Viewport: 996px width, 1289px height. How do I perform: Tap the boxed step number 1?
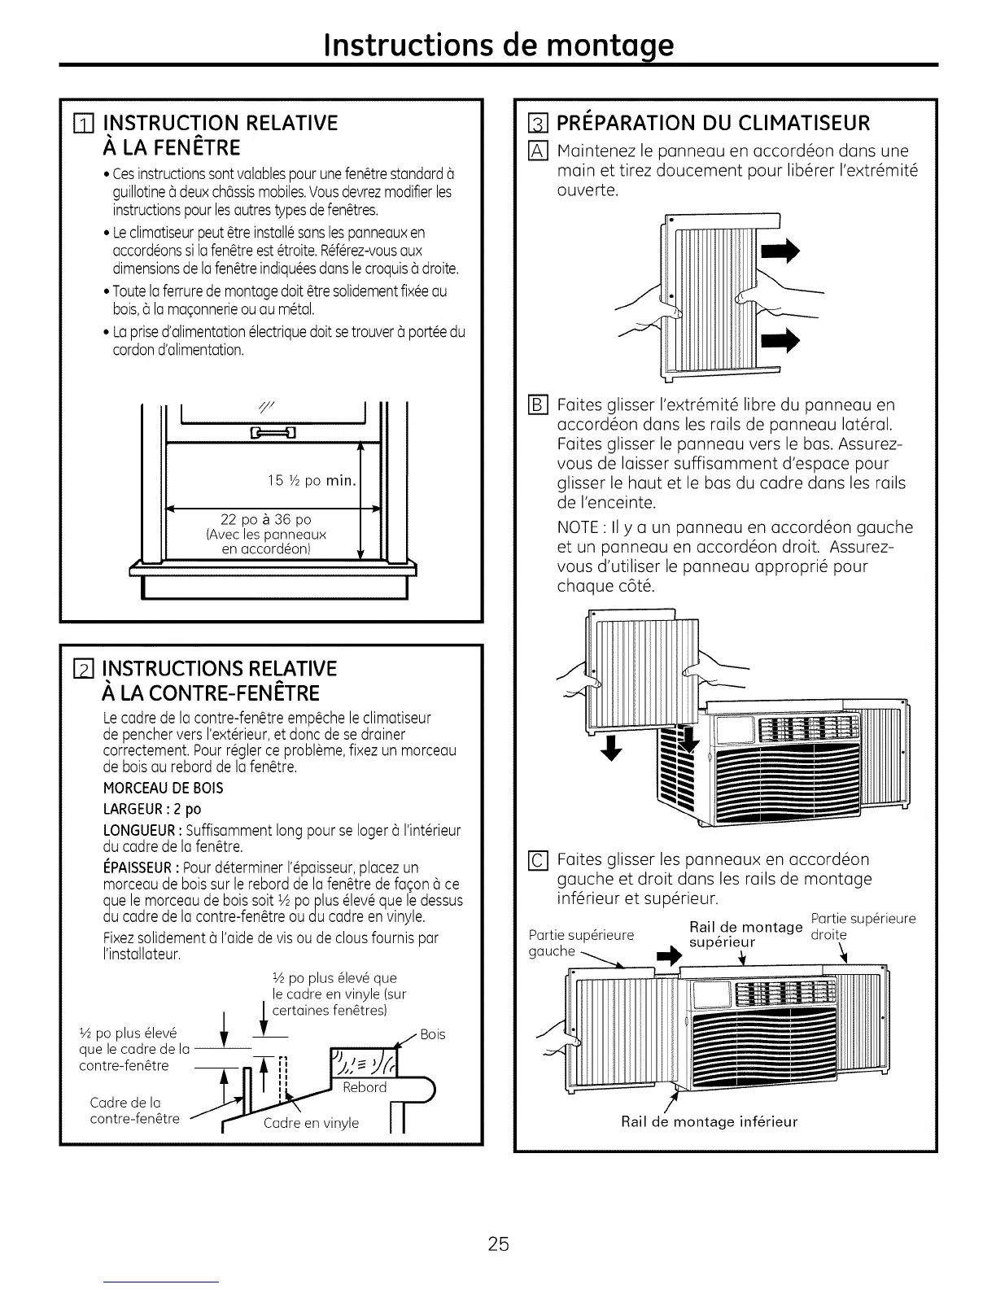click(x=80, y=125)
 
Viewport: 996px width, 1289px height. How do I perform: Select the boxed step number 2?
click(x=80, y=671)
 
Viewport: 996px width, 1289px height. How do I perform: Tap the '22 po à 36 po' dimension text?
click(x=266, y=519)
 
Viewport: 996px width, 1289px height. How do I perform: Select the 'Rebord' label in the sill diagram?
click(x=364, y=1087)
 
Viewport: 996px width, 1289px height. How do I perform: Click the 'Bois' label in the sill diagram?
click(x=433, y=1034)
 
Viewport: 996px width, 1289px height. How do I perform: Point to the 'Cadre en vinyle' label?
click(x=311, y=1123)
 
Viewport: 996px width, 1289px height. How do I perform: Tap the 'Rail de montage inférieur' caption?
click(x=709, y=1121)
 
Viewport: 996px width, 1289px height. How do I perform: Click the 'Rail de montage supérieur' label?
click(x=733, y=934)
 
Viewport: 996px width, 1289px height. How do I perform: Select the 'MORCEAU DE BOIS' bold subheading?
click(x=163, y=788)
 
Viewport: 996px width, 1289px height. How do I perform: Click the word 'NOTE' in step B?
click(x=577, y=527)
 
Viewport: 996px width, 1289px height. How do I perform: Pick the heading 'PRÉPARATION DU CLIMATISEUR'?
click(x=714, y=123)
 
